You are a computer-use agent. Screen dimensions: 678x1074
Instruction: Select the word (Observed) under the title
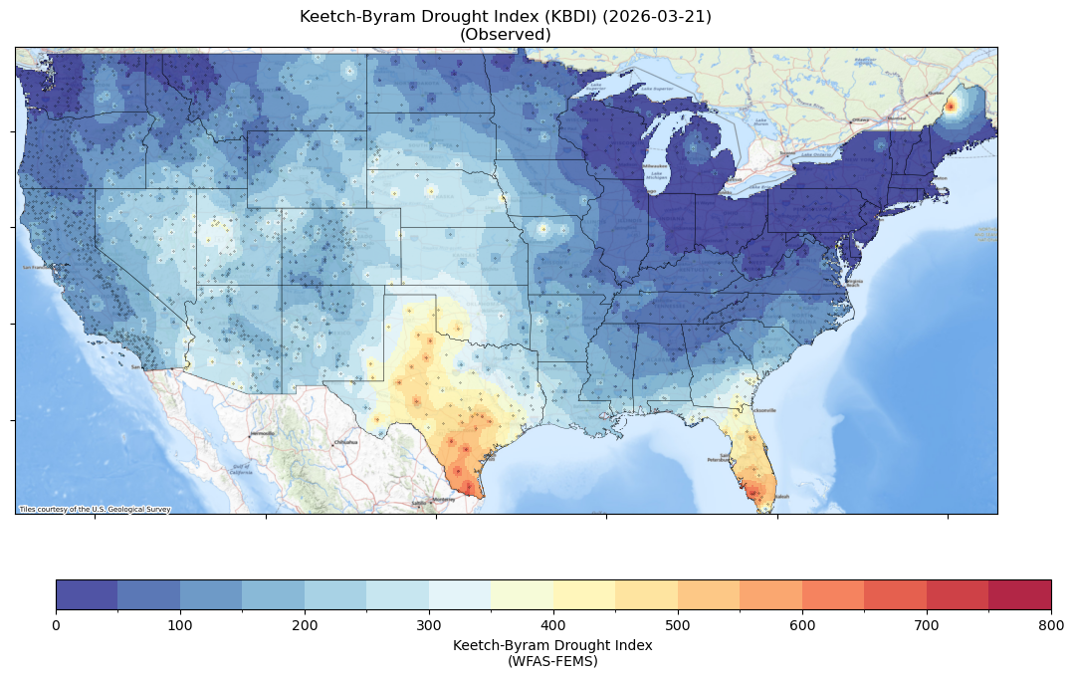tap(506, 34)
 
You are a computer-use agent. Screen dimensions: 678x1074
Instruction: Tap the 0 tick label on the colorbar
tap(56, 624)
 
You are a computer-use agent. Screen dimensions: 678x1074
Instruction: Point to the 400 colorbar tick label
tap(553, 624)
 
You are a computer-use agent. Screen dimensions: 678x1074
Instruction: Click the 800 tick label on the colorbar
tap(1051, 624)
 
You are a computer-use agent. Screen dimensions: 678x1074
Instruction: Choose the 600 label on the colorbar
tap(802, 624)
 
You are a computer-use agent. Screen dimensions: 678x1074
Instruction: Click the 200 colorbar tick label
tap(305, 624)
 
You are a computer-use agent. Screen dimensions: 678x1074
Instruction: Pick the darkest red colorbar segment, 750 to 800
tap(1020, 594)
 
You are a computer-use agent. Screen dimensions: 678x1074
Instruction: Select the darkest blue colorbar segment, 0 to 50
tap(87, 594)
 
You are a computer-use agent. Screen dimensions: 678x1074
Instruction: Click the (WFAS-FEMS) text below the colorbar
tap(552, 660)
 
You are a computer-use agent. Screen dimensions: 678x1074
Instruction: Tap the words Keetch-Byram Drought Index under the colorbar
tap(552, 645)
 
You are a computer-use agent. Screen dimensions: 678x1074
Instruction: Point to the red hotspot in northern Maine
tap(950, 106)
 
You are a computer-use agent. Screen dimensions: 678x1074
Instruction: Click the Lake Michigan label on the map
tap(657, 175)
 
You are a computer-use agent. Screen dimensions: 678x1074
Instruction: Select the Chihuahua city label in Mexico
tap(345, 441)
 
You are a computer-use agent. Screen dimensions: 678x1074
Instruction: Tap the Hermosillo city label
tap(262, 434)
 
